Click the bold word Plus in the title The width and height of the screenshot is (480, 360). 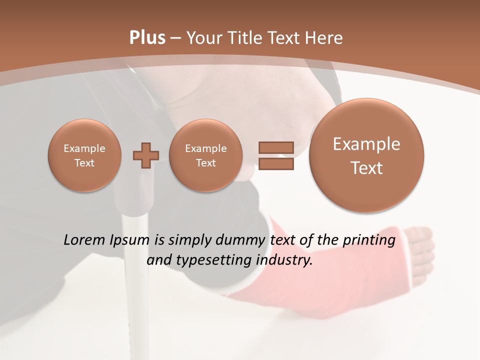(x=147, y=38)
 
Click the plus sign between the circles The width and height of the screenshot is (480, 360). (x=146, y=155)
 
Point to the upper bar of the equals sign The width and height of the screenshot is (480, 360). (x=275, y=147)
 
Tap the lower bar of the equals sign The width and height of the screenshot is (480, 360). (x=275, y=164)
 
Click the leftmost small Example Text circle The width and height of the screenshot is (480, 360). (x=84, y=155)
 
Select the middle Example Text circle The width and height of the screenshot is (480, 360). (x=205, y=155)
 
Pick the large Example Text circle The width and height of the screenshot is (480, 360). (x=366, y=155)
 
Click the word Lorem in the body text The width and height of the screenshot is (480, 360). (x=84, y=240)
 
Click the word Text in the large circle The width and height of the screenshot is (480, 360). (x=366, y=168)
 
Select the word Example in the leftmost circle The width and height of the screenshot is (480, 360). (x=84, y=148)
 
